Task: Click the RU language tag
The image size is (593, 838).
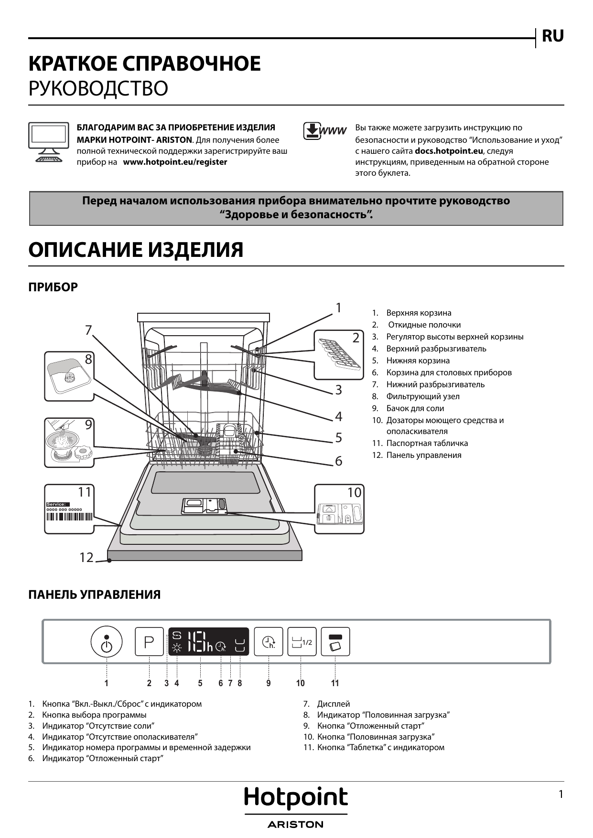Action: tap(552, 36)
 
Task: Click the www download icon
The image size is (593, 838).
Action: tap(323, 131)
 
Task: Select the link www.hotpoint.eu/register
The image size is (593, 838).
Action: tap(175, 162)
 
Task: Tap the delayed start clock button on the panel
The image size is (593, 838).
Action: tap(269, 641)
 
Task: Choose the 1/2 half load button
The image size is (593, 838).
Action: tap(302, 641)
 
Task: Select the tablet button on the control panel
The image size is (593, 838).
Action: tap(335, 641)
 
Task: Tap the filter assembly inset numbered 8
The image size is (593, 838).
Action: tap(69, 376)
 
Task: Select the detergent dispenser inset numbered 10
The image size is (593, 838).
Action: tap(339, 509)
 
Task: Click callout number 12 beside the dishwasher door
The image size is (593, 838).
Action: tap(86, 557)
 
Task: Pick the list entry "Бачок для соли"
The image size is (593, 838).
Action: tap(415, 408)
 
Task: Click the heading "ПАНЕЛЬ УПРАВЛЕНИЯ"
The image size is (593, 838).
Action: tap(94, 595)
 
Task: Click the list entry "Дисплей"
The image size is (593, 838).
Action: tap(333, 704)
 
